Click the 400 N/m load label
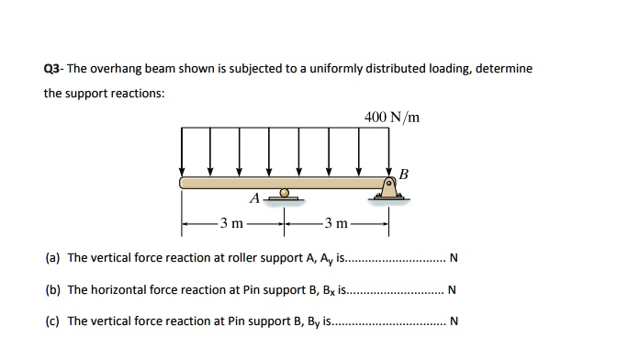[x=391, y=118]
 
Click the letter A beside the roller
[x=253, y=198]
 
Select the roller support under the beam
[x=286, y=194]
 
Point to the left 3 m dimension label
[x=231, y=223]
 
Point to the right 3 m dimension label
[x=334, y=223]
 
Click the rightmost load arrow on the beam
[x=388, y=151]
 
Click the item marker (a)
[x=52, y=258]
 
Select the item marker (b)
[x=52, y=289]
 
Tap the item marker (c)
[x=52, y=321]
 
